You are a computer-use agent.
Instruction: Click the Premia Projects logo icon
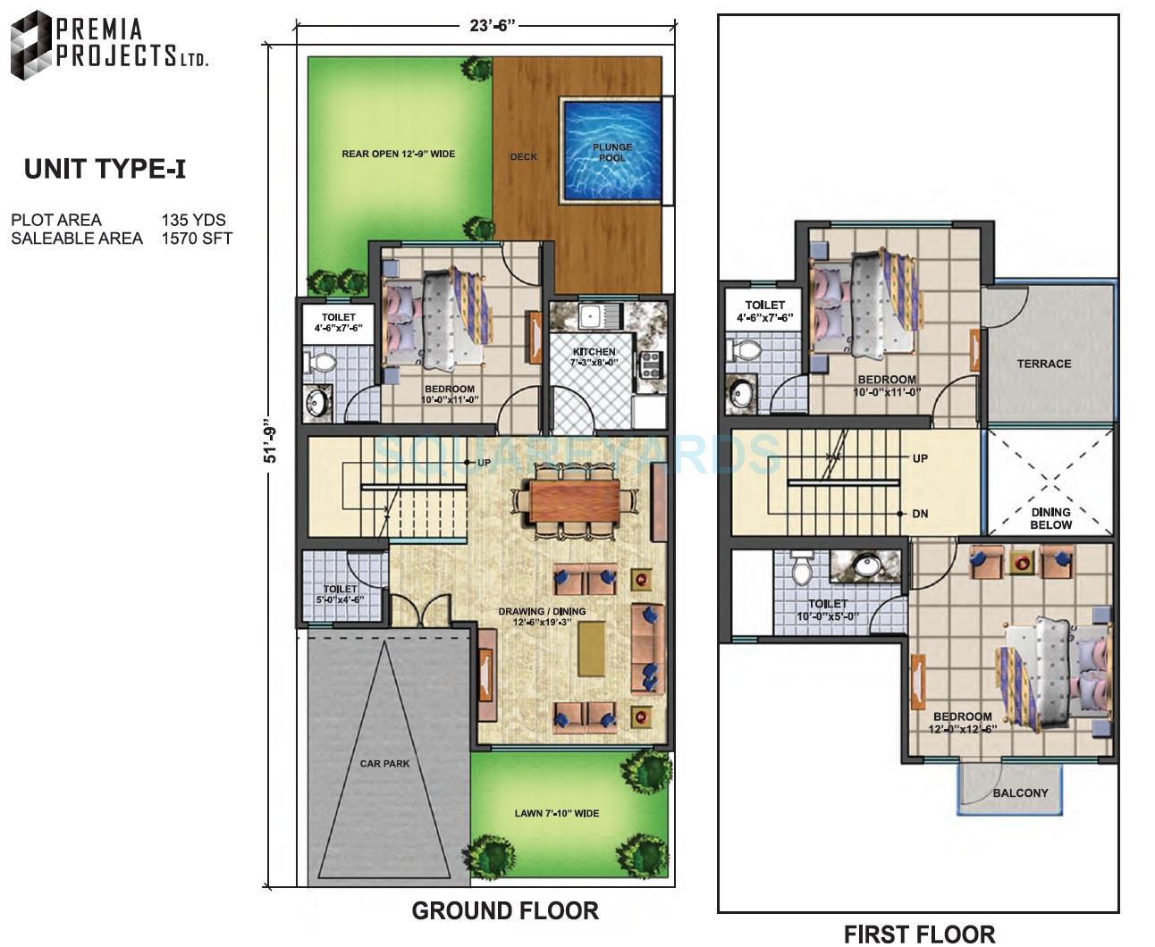coord(30,45)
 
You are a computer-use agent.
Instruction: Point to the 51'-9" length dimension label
coord(272,443)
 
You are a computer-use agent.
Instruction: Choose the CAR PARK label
coord(384,764)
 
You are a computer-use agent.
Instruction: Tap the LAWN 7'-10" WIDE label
coord(556,814)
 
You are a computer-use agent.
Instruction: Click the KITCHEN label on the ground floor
coord(594,352)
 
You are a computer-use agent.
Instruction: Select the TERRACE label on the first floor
coord(1043,364)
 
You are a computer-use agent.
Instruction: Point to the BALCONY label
coord(1020,792)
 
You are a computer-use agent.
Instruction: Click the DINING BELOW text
coord(1050,518)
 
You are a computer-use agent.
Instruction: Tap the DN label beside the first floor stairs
coord(920,514)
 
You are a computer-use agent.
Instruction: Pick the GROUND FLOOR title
coord(505,911)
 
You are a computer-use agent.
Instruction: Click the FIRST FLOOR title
coord(919,934)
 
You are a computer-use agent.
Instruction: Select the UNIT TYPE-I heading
coord(105,169)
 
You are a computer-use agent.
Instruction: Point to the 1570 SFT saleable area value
coord(197,239)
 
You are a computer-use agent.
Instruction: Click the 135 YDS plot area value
coord(193,220)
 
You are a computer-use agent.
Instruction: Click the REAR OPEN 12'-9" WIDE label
coord(398,154)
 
